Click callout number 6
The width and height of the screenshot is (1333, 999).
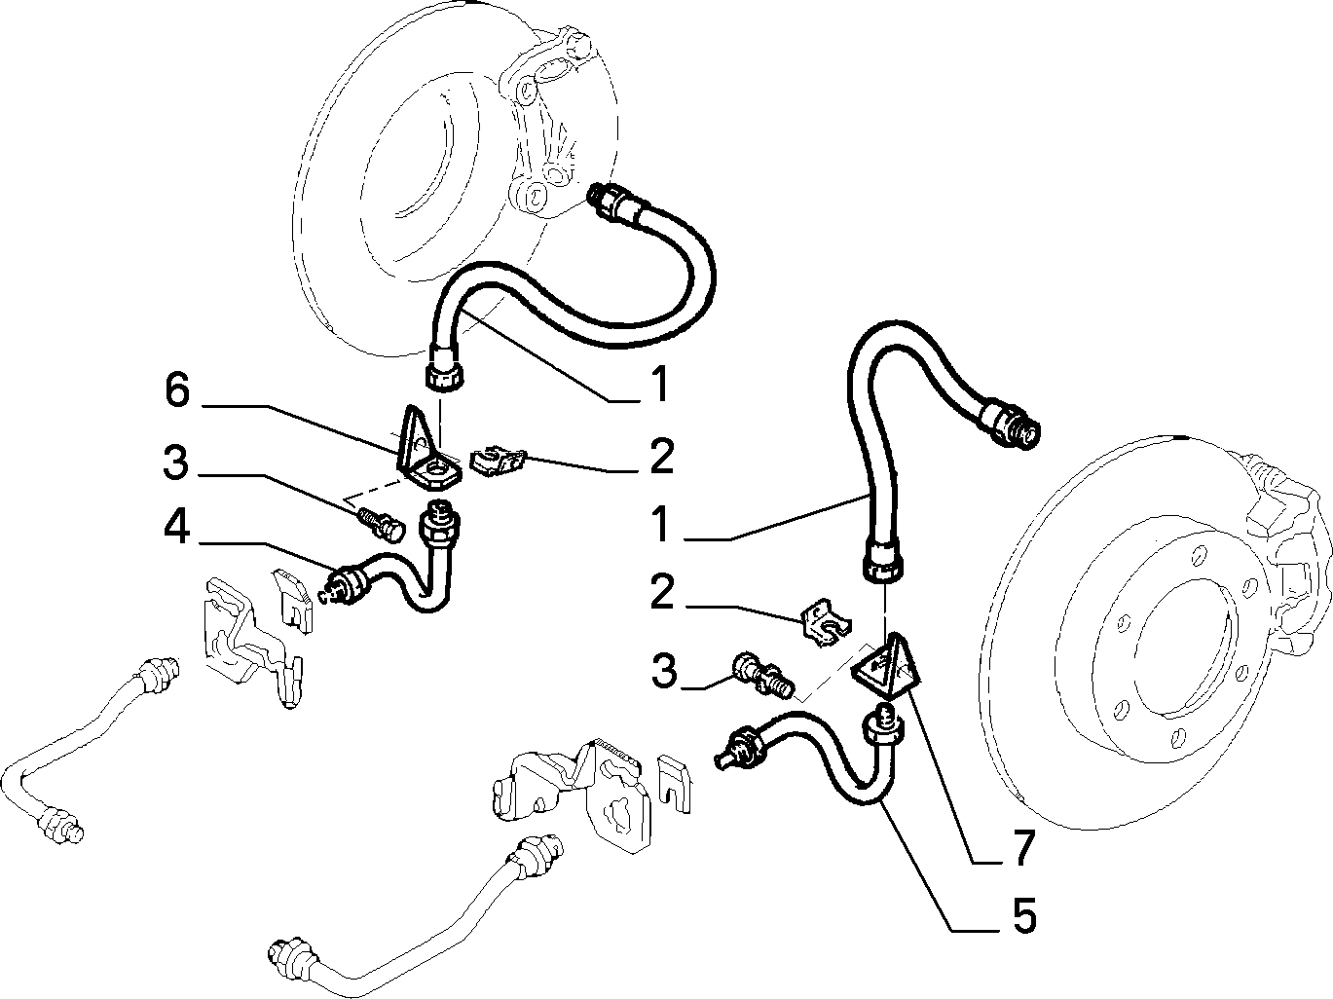click(x=177, y=389)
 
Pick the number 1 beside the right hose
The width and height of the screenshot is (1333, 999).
click(x=659, y=525)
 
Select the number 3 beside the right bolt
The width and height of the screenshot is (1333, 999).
click(x=664, y=671)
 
